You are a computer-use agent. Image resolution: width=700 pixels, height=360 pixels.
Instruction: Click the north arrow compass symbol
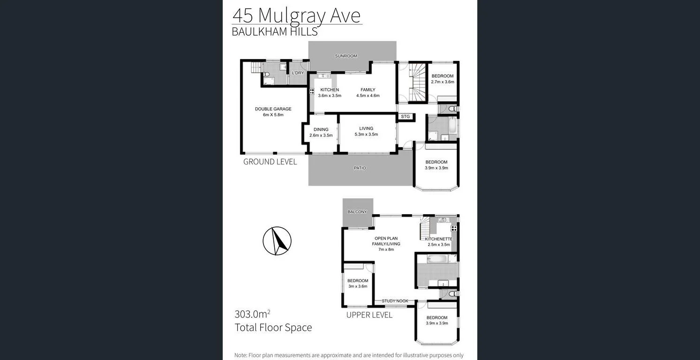click(277, 241)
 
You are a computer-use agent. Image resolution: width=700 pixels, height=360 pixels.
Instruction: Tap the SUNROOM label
click(346, 56)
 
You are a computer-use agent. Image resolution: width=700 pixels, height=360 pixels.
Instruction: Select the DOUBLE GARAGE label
click(273, 109)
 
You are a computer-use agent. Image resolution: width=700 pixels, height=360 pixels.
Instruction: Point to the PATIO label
click(360, 168)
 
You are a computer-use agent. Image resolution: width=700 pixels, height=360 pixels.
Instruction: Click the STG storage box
click(405, 117)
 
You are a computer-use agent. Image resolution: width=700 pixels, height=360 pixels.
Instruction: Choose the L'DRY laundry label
click(298, 73)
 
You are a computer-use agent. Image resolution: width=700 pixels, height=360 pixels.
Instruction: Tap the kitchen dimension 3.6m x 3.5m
click(330, 96)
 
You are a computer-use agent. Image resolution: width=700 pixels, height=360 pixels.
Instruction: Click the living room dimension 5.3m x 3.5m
click(366, 135)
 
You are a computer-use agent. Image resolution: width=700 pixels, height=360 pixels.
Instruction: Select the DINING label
click(321, 130)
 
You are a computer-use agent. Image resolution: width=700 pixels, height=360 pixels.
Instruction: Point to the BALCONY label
click(357, 212)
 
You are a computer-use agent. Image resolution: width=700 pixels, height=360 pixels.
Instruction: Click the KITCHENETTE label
click(439, 239)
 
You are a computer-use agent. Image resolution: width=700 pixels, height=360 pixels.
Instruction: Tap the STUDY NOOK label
click(395, 301)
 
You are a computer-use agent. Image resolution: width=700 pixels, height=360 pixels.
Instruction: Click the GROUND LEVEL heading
click(270, 162)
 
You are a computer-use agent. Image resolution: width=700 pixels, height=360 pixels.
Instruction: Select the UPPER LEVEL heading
click(369, 315)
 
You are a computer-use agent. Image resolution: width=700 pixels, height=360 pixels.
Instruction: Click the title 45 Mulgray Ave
click(297, 15)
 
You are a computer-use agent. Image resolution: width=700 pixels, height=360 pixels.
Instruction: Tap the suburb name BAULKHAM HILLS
click(275, 32)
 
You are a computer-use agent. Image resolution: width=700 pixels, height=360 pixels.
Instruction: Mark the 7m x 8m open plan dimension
click(386, 249)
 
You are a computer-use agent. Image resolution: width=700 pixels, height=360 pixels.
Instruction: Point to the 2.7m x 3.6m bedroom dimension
click(443, 82)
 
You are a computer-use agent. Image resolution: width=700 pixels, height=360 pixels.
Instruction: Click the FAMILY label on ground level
click(368, 90)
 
